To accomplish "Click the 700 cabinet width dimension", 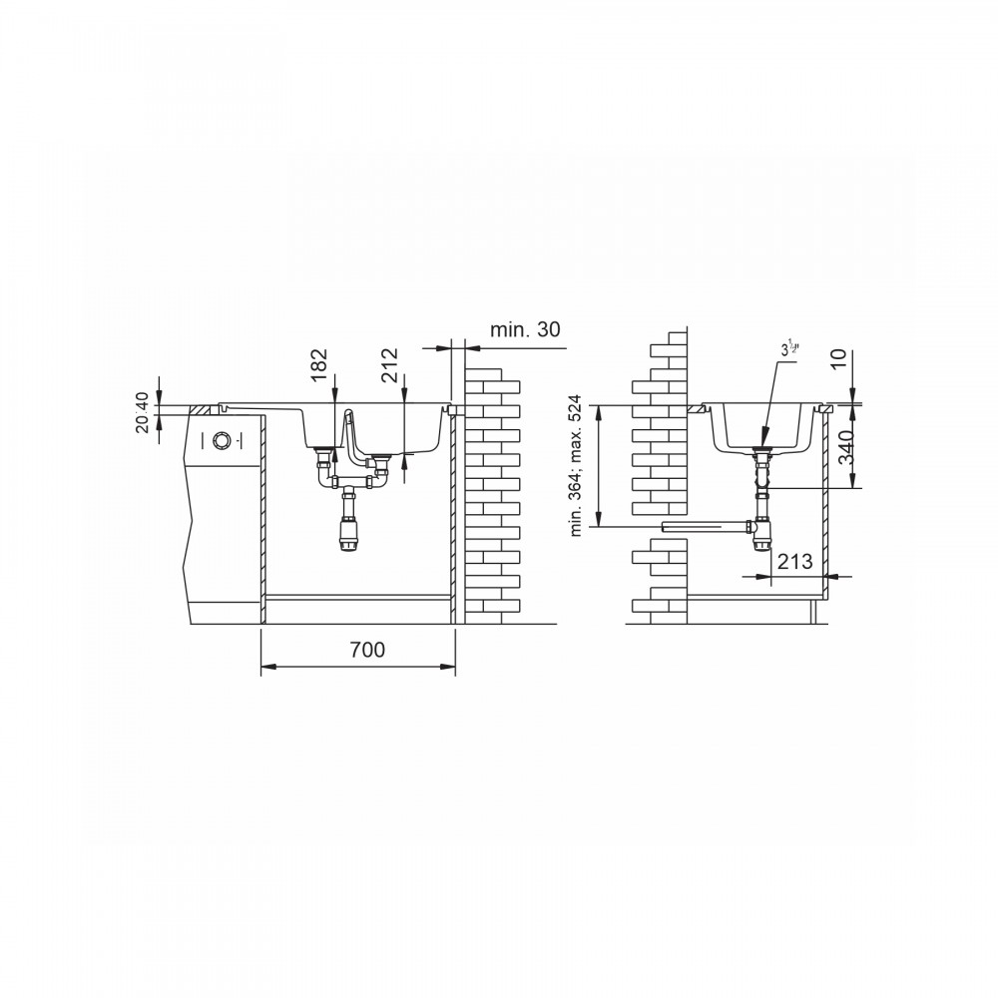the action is tap(367, 650).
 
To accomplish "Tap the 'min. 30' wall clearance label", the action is tap(525, 329).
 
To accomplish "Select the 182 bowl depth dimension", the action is tap(319, 365).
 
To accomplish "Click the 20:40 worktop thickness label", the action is tap(142, 412).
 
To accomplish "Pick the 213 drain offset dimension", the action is tap(795, 561).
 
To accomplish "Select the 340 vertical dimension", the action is tap(846, 447).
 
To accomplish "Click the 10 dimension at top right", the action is tap(839, 359).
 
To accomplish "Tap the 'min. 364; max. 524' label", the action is tap(576, 465).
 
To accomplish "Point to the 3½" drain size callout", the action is tap(789, 349).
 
